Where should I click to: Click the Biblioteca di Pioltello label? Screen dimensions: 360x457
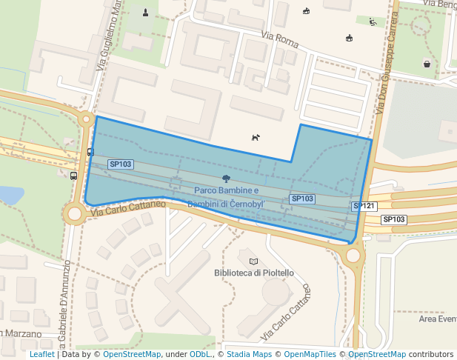pyautogui.click(x=254, y=273)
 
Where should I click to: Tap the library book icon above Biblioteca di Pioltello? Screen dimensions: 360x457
pyautogui.click(x=254, y=261)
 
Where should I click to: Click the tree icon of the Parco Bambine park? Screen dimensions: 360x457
pyautogui.click(x=225, y=179)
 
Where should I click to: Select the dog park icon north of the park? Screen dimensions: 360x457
pyautogui.click(x=256, y=137)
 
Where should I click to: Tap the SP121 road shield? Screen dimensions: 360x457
pyautogui.click(x=365, y=206)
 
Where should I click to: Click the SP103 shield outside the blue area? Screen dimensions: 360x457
pyautogui.click(x=394, y=219)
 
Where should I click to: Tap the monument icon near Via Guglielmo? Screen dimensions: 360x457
pyautogui.click(x=145, y=12)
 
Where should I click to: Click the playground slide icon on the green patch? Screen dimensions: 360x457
pyautogui.click(x=373, y=22)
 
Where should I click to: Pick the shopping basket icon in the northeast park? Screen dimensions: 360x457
pyautogui.click(x=427, y=64)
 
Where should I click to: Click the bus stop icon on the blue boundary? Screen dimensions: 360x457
pyautogui.click(x=90, y=152)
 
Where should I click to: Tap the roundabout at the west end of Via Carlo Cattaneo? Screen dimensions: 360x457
pyautogui.click(x=74, y=215)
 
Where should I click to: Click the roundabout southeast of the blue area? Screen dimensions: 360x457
pyautogui.click(x=353, y=256)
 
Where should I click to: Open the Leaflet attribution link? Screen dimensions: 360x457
pyautogui.click(x=41, y=354)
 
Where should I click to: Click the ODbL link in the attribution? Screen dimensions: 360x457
pyautogui.click(x=200, y=354)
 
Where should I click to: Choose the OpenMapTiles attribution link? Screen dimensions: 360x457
pyautogui.click(x=311, y=354)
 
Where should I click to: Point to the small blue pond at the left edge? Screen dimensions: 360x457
pyautogui.click(x=9, y=195)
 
